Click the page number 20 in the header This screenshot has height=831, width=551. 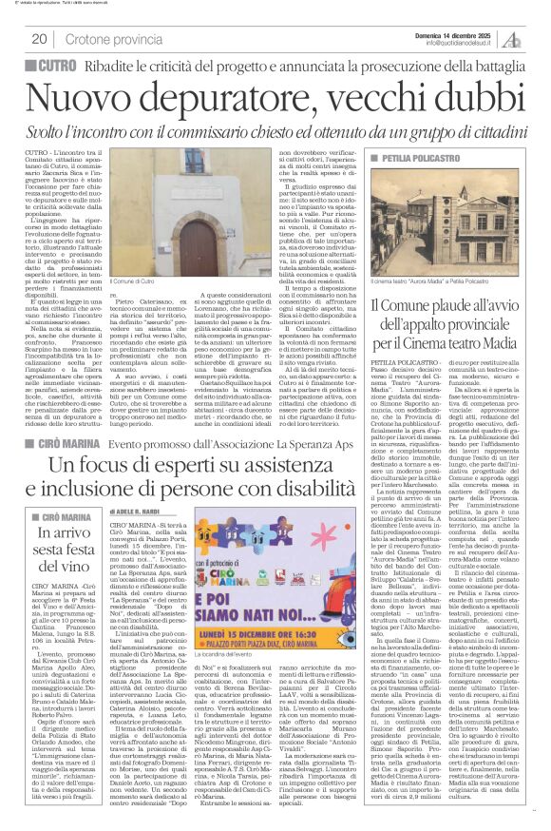tap(39, 38)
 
